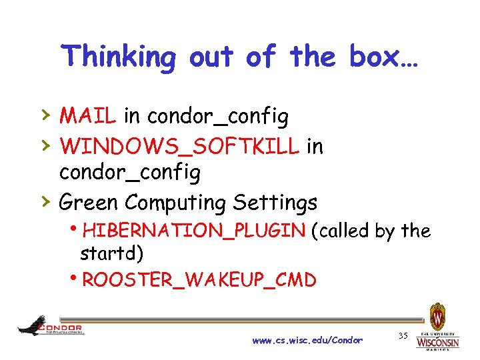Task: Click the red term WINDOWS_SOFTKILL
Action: (179, 145)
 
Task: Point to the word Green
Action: (89, 201)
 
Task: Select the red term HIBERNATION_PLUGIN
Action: (194, 231)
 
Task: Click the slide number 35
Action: (402, 334)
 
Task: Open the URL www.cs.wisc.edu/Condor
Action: (307, 341)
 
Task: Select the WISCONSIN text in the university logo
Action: (437, 342)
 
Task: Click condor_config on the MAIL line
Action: (218, 116)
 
